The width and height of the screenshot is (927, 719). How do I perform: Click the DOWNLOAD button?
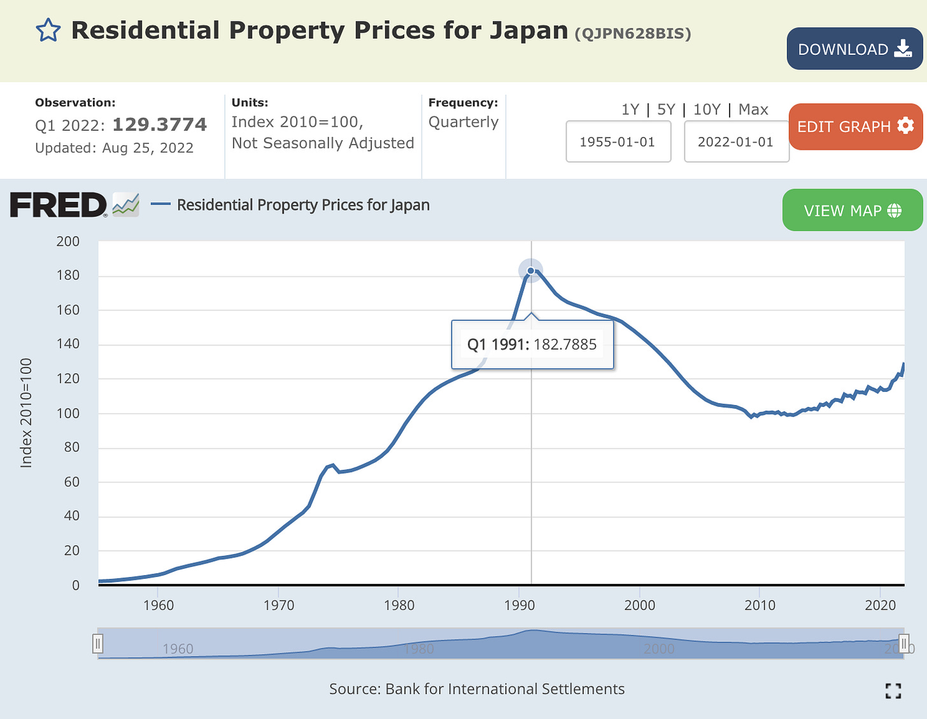click(x=854, y=49)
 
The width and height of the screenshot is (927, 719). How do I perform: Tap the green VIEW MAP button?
click(x=852, y=210)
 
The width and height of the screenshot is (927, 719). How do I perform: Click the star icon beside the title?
click(x=48, y=31)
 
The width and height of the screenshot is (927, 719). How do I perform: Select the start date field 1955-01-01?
click(x=618, y=141)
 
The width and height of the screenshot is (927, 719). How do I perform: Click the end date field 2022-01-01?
click(x=736, y=141)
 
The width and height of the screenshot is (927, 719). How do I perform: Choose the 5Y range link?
click(x=666, y=110)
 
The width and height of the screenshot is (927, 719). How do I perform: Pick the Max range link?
click(x=753, y=110)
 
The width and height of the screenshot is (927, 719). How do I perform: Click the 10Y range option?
click(x=707, y=110)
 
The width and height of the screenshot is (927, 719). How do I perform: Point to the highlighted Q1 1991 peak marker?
click(x=530, y=271)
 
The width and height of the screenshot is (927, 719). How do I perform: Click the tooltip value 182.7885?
click(x=565, y=345)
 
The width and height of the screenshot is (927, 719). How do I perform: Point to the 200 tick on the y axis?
click(x=68, y=241)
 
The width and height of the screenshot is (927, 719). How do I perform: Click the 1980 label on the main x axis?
click(x=399, y=605)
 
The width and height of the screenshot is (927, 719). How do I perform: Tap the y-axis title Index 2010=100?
click(x=26, y=413)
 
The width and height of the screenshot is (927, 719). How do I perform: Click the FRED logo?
click(x=59, y=205)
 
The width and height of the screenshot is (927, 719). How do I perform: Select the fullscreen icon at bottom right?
click(x=893, y=691)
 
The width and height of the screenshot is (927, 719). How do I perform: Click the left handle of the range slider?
click(x=98, y=644)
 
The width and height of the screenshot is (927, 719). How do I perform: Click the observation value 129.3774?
click(x=160, y=124)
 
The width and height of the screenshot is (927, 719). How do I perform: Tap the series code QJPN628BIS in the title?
click(x=633, y=33)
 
